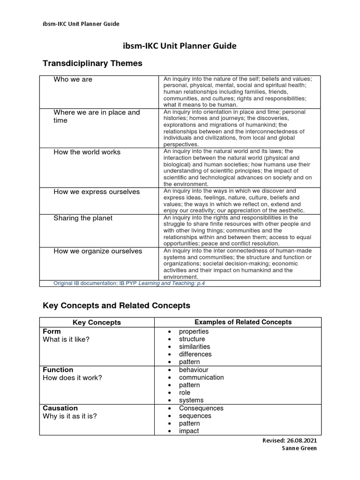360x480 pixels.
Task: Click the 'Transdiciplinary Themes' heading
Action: [92, 63]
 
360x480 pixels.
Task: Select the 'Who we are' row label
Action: [73, 79]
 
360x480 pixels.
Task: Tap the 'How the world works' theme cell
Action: [87, 152]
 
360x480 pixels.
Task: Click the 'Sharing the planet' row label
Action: [83, 218]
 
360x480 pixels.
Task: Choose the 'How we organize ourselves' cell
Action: [97, 251]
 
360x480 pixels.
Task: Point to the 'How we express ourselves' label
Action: [97, 192]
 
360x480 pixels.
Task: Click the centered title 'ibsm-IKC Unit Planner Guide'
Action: [180, 46]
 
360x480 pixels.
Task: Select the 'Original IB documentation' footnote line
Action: [129, 283]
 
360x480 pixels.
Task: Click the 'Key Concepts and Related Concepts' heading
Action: [116, 306]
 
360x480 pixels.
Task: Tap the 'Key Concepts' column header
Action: [97, 322]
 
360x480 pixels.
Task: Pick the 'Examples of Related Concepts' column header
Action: [243, 322]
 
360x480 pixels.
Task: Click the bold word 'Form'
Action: [52, 331]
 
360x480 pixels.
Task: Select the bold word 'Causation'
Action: [60, 408]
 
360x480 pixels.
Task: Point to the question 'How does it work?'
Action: [72, 378]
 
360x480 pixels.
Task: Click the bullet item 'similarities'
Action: [195, 346]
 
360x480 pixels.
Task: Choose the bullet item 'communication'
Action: [201, 377]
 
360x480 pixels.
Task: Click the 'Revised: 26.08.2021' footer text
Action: [292, 441]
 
